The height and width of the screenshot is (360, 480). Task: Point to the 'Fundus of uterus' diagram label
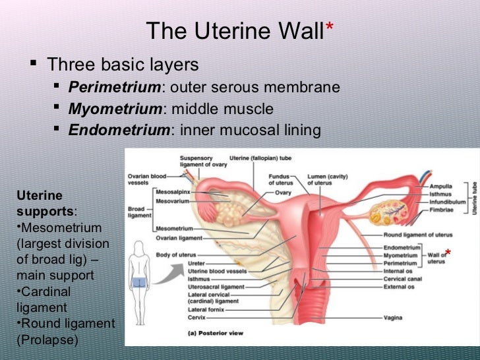point(280,179)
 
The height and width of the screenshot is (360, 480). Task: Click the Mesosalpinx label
point(174,191)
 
